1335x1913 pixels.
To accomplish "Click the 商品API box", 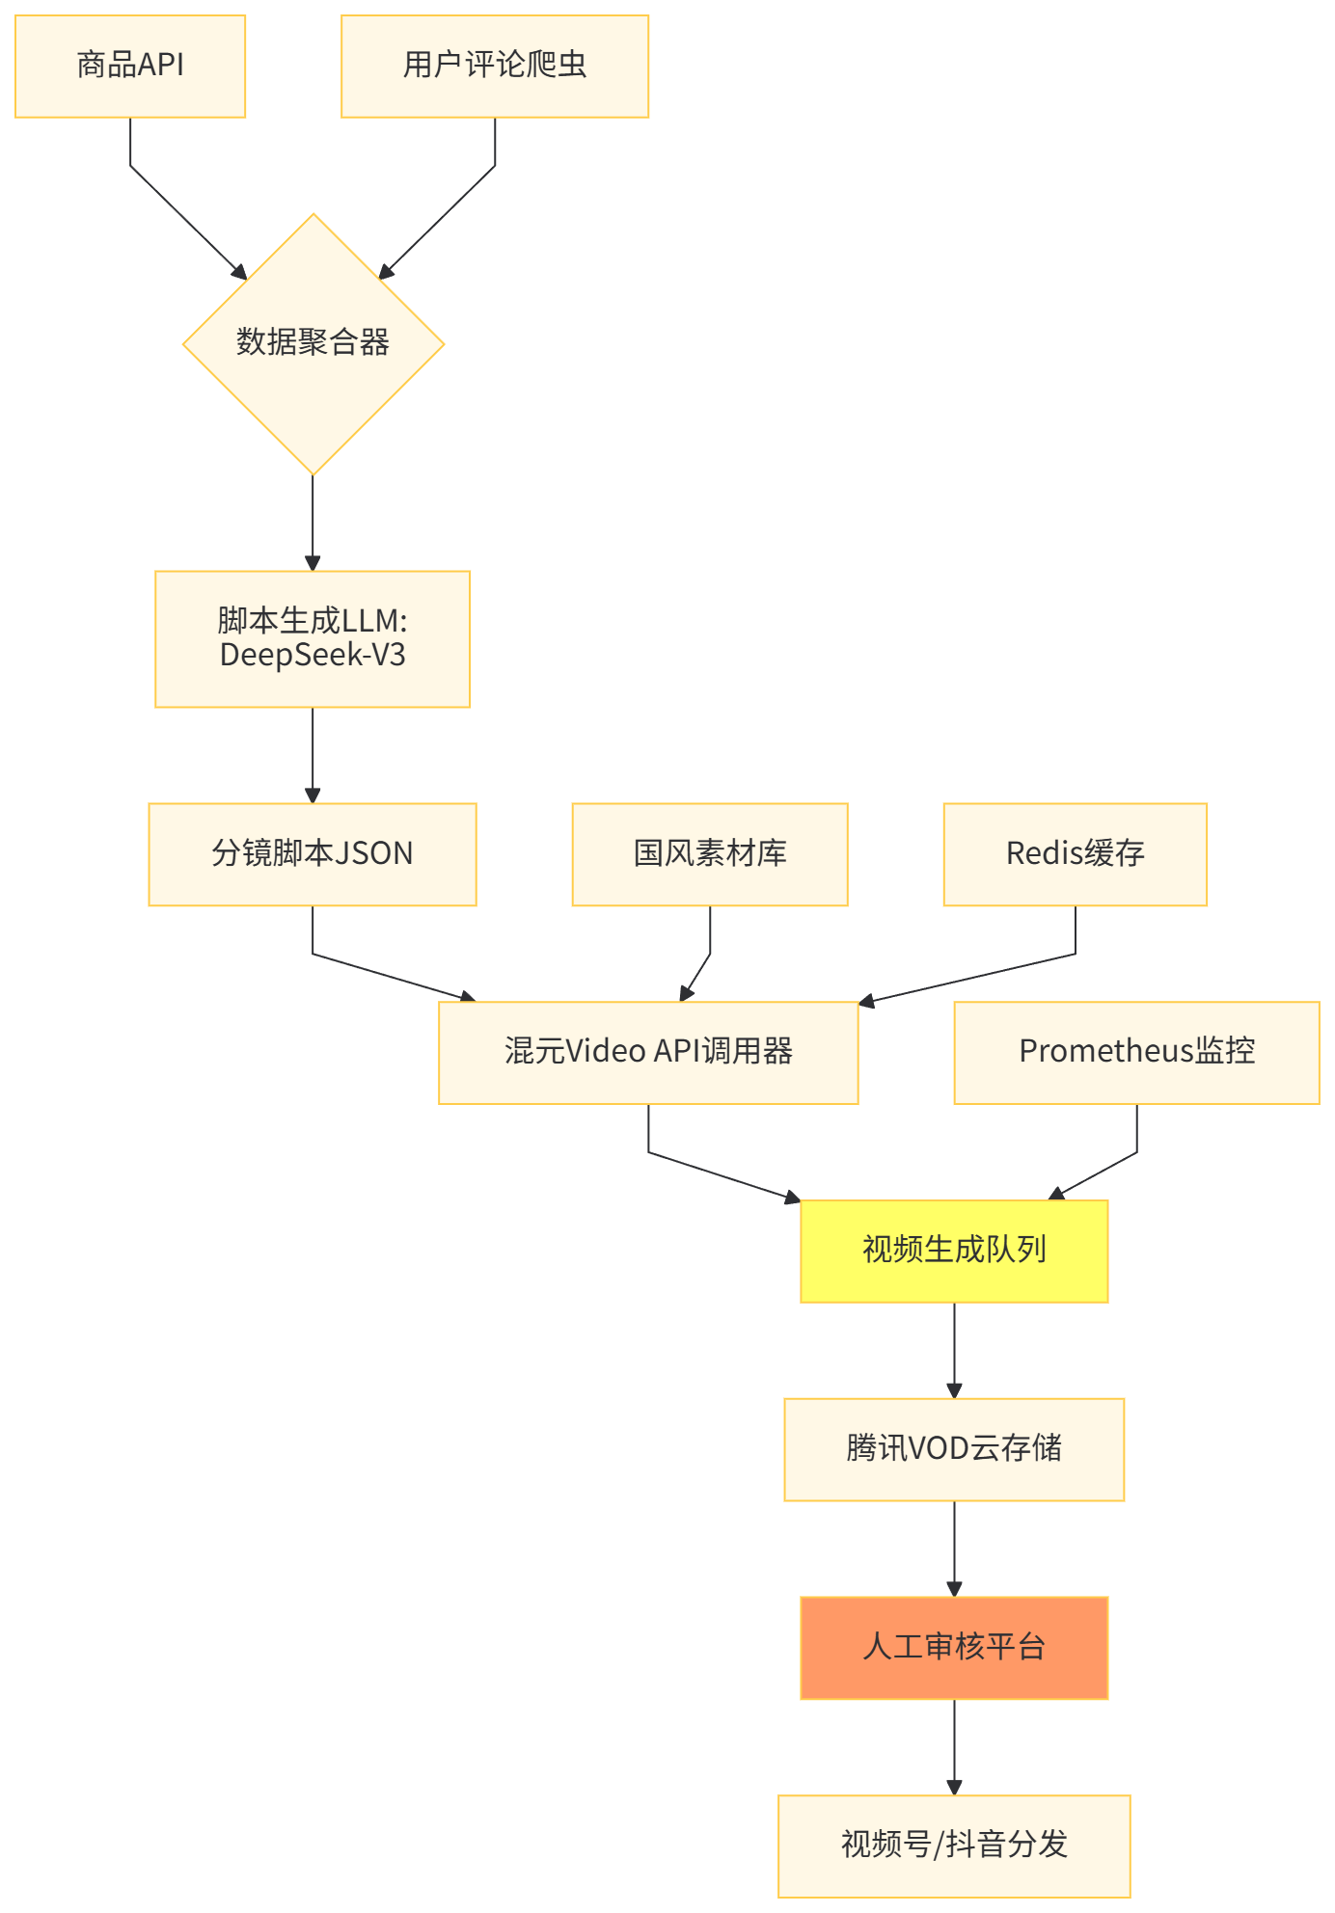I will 130,67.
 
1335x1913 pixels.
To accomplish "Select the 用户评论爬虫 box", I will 495,67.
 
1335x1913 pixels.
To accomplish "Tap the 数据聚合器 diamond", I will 313,343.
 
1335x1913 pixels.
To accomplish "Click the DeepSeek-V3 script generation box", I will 313,638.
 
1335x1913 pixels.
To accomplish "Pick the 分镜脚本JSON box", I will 313,854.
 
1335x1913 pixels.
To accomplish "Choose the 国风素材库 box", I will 710,854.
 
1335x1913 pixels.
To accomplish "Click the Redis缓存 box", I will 1075,854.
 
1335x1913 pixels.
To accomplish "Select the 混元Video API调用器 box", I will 648,1052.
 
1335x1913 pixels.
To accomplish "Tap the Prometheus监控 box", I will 1136,1052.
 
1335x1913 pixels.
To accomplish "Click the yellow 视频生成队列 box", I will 954,1251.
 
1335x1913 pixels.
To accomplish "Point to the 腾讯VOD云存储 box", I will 954,1449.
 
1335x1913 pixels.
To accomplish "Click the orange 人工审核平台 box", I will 954,1648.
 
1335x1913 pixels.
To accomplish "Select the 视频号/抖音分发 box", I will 954,1846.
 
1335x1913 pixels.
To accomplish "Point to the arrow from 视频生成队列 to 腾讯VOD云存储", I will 954,1350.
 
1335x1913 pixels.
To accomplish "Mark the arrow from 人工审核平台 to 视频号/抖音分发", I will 954,1747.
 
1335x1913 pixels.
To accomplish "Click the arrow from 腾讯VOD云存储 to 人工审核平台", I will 954,1549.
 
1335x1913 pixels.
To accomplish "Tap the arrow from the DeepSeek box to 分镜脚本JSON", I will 313,755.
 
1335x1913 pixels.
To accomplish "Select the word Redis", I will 1044,853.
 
